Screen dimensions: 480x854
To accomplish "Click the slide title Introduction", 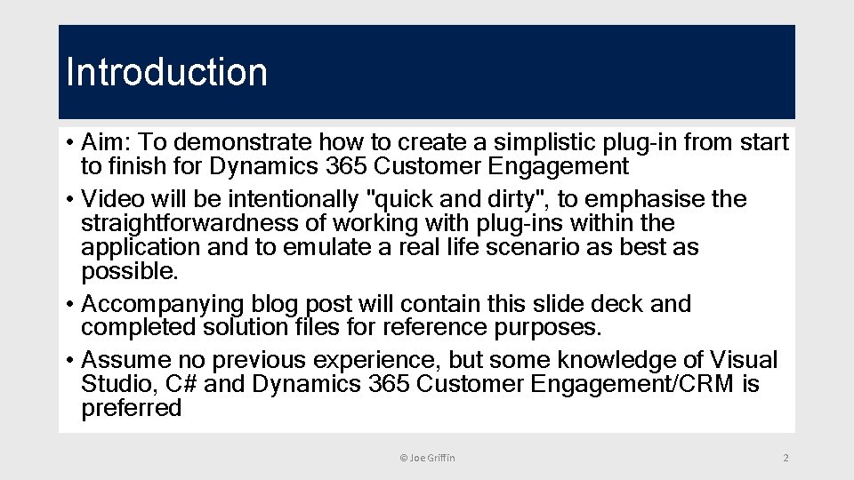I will pos(166,72).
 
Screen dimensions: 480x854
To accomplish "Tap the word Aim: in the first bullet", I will pos(107,142).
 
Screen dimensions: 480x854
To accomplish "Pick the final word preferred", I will pos(131,408).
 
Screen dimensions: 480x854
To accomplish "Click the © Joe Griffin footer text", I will pos(427,458).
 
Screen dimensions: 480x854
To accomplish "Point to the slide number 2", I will pos(785,458).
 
